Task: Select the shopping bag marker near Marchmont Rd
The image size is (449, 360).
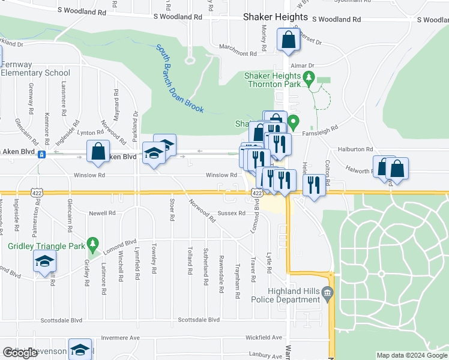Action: (x=289, y=40)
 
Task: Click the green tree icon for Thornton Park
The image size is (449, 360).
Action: (x=309, y=77)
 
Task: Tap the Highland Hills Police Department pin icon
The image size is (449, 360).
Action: (x=327, y=293)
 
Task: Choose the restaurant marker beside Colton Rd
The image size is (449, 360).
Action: (x=314, y=184)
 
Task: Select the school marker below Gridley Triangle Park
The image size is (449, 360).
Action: (x=45, y=262)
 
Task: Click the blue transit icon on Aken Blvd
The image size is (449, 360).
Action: (x=41, y=154)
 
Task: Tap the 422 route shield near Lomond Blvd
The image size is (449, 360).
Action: (x=257, y=193)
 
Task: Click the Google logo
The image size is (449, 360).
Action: (x=20, y=353)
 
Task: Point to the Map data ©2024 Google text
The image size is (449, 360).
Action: (x=411, y=355)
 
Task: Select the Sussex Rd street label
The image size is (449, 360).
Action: (x=231, y=213)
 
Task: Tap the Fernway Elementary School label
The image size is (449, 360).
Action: (x=35, y=68)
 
